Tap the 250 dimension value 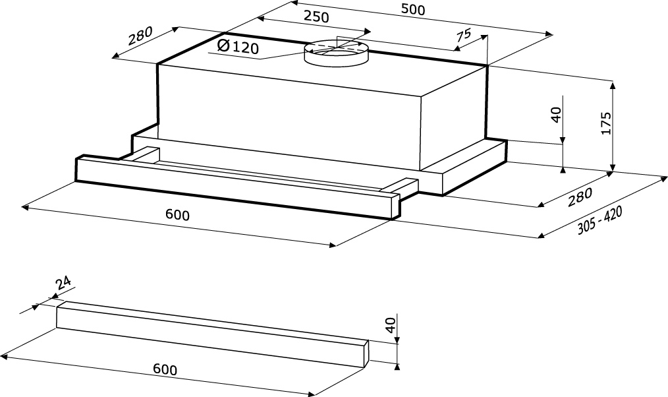[316, 18]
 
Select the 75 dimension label [463, 36]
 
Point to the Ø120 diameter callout [237, 47]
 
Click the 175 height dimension [606, 124]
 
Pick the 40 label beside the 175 [555, 115]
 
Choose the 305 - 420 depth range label [600, 220]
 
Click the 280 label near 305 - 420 [580, 196]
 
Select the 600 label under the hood [177, 216]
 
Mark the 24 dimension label [64, 284]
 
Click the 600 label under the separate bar [165, 369]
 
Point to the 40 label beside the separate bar [390, 325]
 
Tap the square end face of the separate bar [366, 354]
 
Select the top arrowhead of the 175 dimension [613, 84]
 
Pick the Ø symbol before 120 [223, 46]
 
